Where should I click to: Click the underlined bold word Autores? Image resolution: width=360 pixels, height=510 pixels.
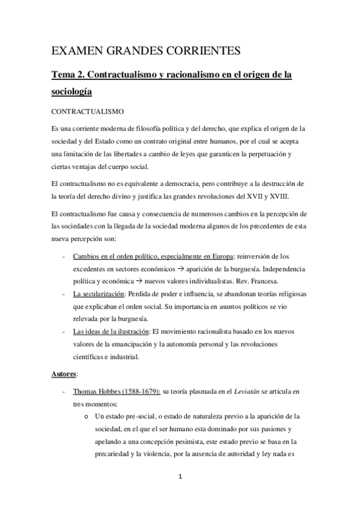tap(62, 373)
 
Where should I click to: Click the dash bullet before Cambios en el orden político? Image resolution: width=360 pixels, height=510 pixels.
tap(64, 257)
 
